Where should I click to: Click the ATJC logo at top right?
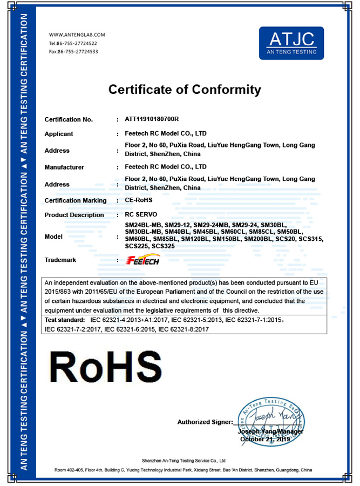point(291,43)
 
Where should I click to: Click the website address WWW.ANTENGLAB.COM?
point(77,35)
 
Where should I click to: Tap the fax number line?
point(73,51)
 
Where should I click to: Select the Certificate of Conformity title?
point(185,90)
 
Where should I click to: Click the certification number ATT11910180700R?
point(152,119)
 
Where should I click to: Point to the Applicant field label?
point(59,134)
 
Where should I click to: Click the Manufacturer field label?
point(64,167)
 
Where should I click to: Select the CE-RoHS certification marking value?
point(139,200)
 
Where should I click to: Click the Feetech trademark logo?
point(141,260)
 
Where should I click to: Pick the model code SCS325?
point(164,246)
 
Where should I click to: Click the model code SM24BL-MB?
point(143,225)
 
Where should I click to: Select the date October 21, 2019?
point(265,440)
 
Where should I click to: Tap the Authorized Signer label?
point(205,422)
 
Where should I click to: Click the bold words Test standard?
point(64,320)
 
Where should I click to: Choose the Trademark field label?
point(60,260)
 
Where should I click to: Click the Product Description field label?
point(74,215)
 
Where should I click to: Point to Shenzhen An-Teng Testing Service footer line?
point(184,461)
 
